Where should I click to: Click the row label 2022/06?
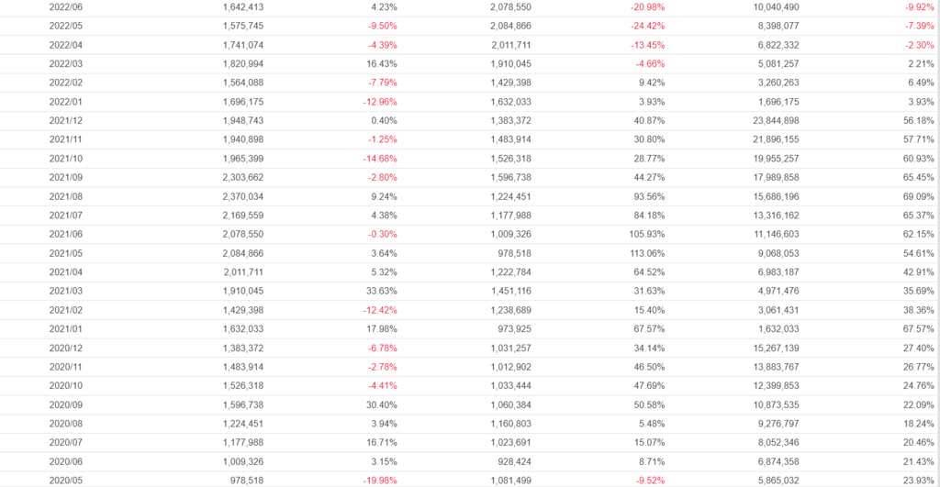click(x=65, y=6)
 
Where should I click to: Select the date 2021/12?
click(x=65, y=120)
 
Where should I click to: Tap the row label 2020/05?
click(x=65, y=480)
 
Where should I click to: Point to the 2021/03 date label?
click(x=65, y=291)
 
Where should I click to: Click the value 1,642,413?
click(x=243, y=6)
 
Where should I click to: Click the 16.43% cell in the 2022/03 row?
click(x=380, y=63)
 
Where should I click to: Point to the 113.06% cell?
click(x=642, y=253)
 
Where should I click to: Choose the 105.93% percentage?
click(x=642, y=234)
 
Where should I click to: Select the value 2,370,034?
click(x=243, y=196)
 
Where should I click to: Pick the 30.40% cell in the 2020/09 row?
click(x=380, y=404)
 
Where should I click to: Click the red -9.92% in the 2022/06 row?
click(x=915, y=6)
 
